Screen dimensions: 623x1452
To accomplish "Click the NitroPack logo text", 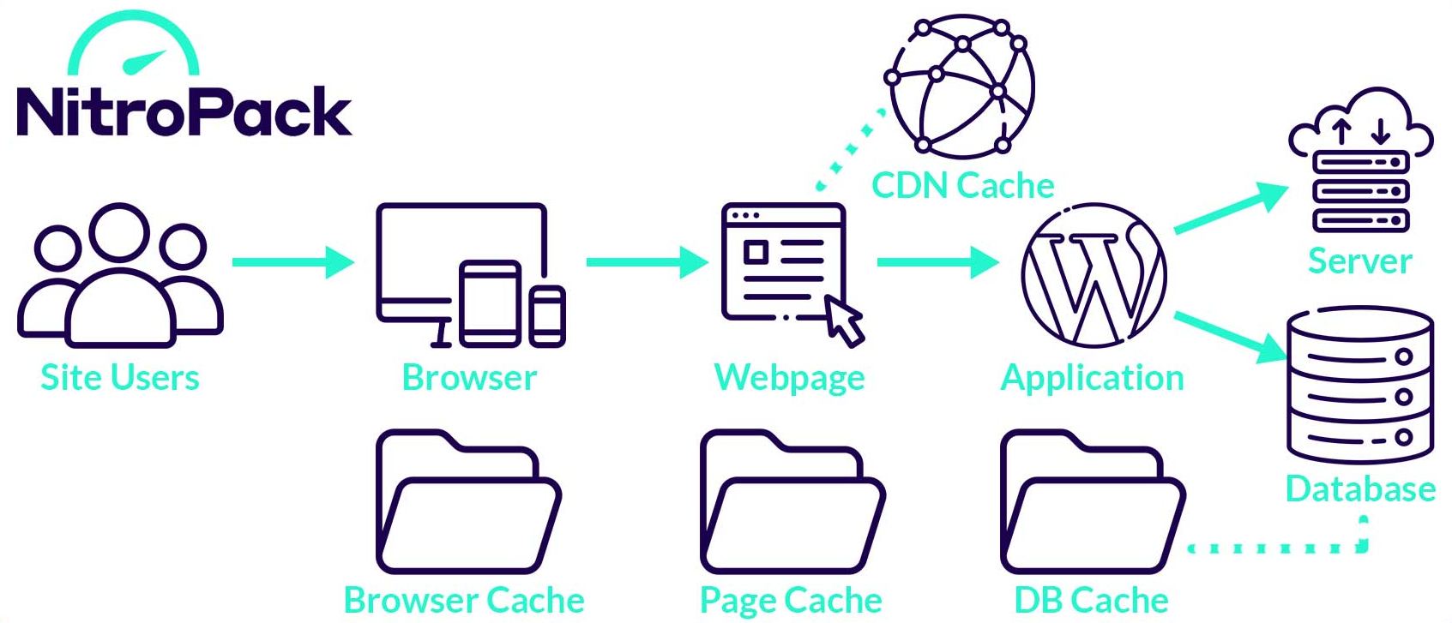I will (184, 112).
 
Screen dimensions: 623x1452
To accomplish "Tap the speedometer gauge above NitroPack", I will (134, 47).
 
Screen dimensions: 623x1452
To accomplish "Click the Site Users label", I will (120, 378).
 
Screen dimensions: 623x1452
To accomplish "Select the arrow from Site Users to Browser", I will (292, 261).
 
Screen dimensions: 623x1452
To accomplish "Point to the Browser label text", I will (469, 378).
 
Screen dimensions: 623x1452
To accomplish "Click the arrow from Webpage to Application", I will (937, 261).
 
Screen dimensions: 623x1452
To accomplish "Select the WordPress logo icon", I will (1094, 275).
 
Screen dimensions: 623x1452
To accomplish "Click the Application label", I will (1092, 378).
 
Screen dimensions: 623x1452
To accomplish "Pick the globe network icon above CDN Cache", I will (961, 86).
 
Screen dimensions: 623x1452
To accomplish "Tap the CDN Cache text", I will (962, 186).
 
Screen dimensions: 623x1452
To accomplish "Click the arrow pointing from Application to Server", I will (1230, 207).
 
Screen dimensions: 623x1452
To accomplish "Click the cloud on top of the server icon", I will (1361, 120).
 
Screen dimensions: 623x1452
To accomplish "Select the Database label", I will (1360, 489).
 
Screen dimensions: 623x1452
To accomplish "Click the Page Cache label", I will (791, 601).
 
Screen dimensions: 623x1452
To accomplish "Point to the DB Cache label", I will (1091, 601).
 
